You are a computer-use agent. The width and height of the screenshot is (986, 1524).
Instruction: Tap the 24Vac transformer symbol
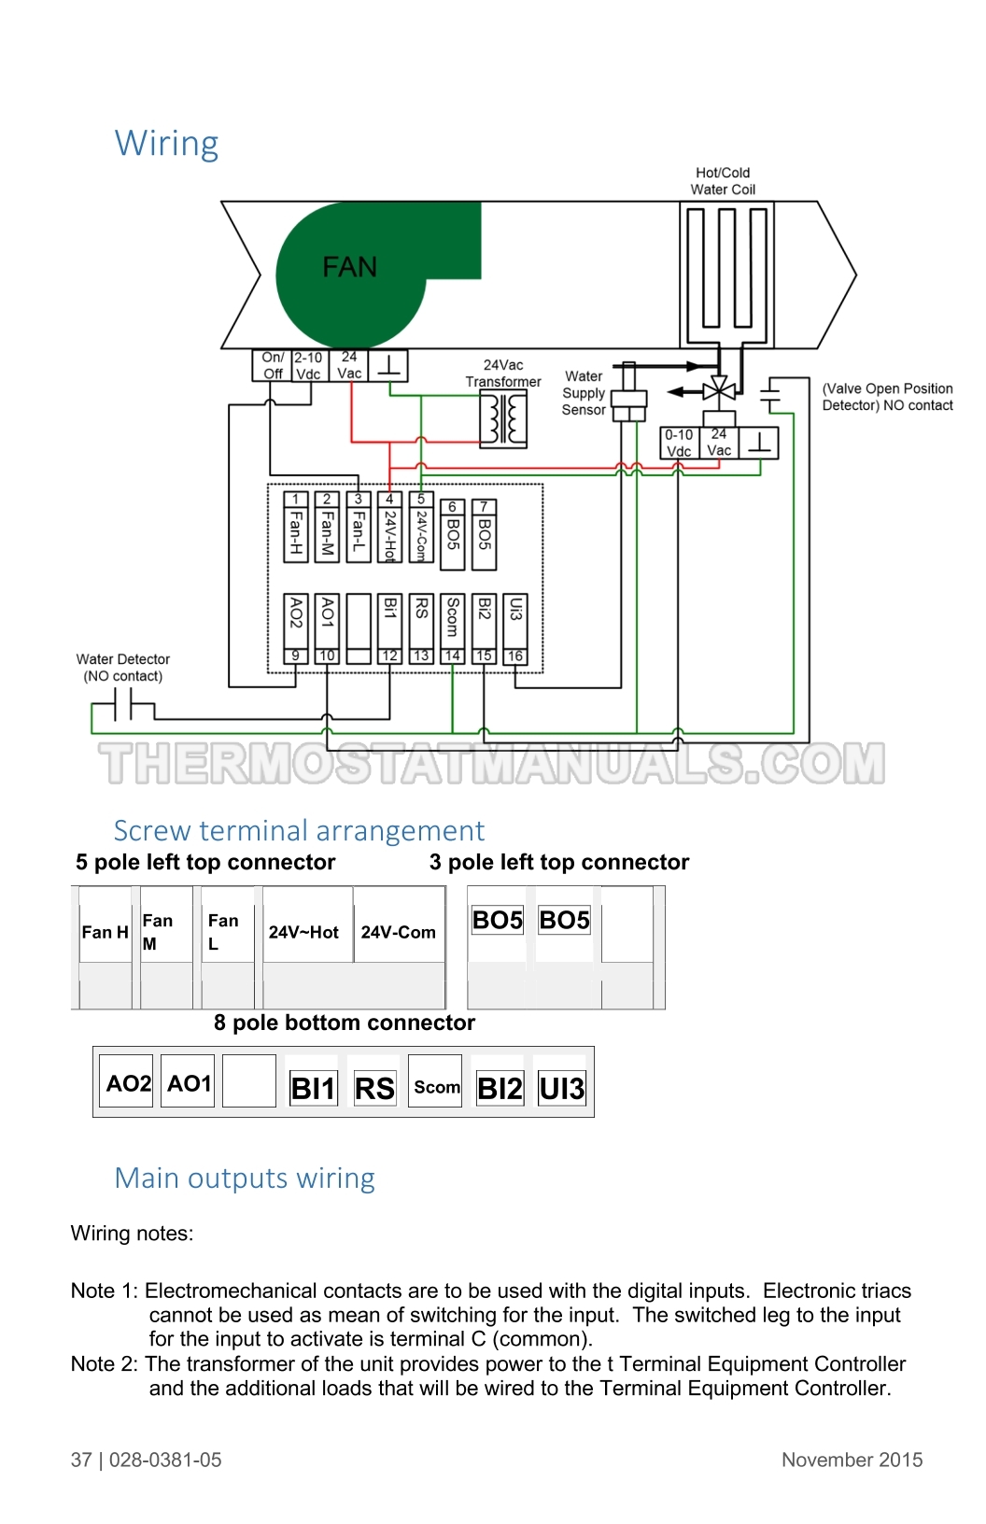pos(503,420)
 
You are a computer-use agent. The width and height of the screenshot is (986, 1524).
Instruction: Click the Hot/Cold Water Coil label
pos(723,181)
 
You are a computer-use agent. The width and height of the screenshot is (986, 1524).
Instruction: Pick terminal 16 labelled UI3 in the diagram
pos(515,628)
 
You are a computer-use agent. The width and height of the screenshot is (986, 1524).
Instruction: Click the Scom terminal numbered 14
pos(453,628)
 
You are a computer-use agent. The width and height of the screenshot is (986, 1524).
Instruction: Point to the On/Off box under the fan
pos(273,365)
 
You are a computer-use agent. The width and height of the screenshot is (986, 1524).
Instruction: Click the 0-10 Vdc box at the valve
pos(679,443)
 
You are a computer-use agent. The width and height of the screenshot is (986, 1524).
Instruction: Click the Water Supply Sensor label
pos(584,392)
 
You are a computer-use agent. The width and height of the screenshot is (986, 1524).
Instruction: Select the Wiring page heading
pos(166,144)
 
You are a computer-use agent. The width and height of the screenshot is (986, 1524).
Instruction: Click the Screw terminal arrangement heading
pos(299,831)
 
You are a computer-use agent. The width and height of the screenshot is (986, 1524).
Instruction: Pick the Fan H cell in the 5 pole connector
pos(106,931)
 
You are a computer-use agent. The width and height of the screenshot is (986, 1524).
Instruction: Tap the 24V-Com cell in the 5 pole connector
pos(399,931)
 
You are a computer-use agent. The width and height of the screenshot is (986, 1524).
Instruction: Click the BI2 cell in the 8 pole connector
pos(500,1088)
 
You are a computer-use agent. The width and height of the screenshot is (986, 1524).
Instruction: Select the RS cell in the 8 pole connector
pos(375,1088)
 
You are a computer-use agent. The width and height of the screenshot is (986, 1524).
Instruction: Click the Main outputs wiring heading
pos(245,1178)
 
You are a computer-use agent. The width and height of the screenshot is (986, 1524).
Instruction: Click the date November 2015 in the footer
pos(852,1460)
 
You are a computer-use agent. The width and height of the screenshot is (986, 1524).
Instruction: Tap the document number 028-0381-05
pos(165,1460)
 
